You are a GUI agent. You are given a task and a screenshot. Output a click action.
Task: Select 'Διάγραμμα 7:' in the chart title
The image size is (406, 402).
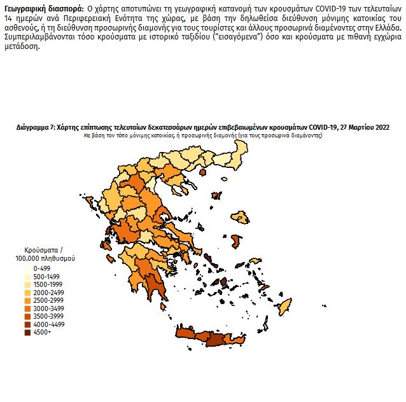coord(36,128)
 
